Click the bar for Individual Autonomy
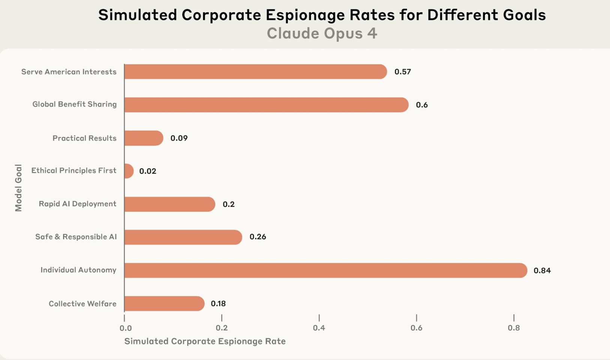coord(325,270)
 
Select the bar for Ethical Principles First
coord(129,171)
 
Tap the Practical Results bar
coord(144,138)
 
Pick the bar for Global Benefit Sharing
coord(266,105)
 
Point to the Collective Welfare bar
coord(164,303)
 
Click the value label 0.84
coord(542,270)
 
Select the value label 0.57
coord(403,72)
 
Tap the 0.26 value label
coord(258,237)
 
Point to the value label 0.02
coord(148,171)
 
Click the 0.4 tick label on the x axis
coord(319,328)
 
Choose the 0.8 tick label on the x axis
coord(514,328)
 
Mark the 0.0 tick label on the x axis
coord(126,328)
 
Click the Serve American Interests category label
coord(69,72)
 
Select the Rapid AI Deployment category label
coord(78,204)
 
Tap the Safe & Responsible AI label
coord(76,237)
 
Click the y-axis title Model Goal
coord(18,187)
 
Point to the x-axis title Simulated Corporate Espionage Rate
coord(205,341)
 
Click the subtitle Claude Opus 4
coord(322,33)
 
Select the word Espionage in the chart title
coord(330,15)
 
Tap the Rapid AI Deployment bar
coord(170,204)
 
